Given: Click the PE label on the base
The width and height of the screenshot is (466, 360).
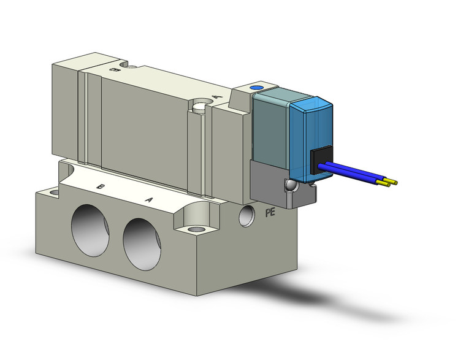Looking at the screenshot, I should [269, 213].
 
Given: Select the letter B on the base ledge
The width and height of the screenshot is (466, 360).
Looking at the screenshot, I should [101, 186].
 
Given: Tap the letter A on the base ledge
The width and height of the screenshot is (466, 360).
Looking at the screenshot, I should [148, 199].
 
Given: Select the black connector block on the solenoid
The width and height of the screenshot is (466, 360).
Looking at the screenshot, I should [320, 161].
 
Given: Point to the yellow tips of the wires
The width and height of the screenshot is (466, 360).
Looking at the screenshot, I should [390, 182].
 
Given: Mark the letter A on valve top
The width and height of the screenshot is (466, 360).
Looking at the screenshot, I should [215, 96].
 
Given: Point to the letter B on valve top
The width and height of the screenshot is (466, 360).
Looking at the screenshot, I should [113, 71].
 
